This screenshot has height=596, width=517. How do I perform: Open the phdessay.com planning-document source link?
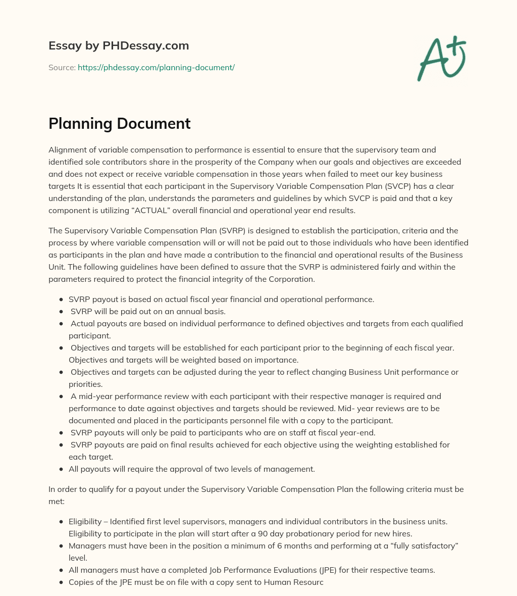click(x=156, y=67)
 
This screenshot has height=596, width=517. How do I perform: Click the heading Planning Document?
click(x=119, y=124)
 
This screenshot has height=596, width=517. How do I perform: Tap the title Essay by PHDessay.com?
click(x=119, y=45)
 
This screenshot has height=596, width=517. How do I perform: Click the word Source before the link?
click(x=62, y=67)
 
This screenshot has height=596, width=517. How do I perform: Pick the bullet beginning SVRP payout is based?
click(x=221, y=299)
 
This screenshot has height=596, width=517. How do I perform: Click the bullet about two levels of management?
click(x=191, y=469)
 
